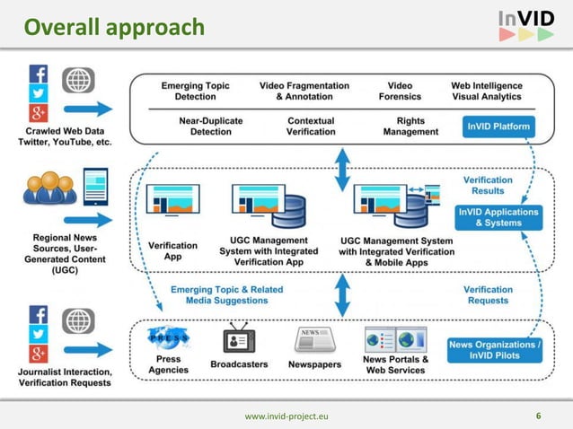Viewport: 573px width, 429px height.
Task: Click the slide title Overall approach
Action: click(x=114, y=28)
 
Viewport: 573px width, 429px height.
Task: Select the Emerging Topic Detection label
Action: click(x=195, y=91)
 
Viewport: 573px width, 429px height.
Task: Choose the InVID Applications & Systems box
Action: click(x=498, y=217)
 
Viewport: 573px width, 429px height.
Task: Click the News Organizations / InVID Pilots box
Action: click(x=495, y=349)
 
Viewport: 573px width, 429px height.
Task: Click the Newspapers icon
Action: click(x=315, y=340)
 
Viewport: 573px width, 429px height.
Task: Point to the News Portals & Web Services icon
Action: click(x=395, y=339)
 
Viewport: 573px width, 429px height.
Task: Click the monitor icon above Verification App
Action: click(x=173, y=202)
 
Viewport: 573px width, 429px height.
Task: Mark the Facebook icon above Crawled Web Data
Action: click(x=39, y=73)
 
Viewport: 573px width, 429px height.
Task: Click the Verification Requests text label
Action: click(x=488, y=295)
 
